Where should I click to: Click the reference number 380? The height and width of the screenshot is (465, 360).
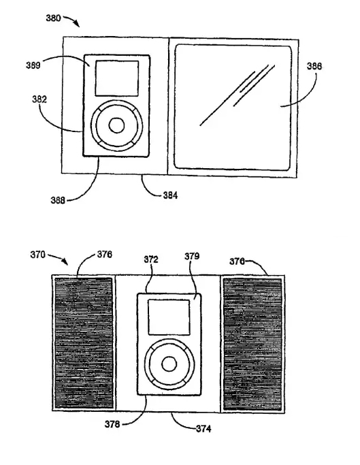[53, 18]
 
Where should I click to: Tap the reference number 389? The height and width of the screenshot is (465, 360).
[33, 65]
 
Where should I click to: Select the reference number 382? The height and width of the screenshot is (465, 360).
[39, 99]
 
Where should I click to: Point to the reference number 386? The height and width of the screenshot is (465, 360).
[314, 66]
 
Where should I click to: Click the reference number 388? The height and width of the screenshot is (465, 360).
[58, 200]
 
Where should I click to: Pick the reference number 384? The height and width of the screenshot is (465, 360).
[170, 195]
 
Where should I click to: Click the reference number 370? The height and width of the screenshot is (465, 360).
[37, 255]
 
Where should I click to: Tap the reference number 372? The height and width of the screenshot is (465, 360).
[151, 259]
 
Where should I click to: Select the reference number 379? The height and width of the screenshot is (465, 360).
[192, 256]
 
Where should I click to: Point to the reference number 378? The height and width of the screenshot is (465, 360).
[112, 424]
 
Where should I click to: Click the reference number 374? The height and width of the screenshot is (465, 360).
[203, 429]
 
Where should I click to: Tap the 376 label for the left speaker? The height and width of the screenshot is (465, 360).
[105, 255]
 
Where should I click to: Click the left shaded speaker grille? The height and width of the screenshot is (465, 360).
[84, 343]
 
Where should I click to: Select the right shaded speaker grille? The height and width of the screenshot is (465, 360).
[252, 344]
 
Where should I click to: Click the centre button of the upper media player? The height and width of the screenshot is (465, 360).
[116, 126]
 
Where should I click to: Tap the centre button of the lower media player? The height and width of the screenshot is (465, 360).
[169, 364]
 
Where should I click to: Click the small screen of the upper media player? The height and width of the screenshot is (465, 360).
[117, 78]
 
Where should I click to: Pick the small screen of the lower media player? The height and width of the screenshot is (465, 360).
[169, 318]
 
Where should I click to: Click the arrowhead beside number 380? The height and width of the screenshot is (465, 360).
[77, 24]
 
